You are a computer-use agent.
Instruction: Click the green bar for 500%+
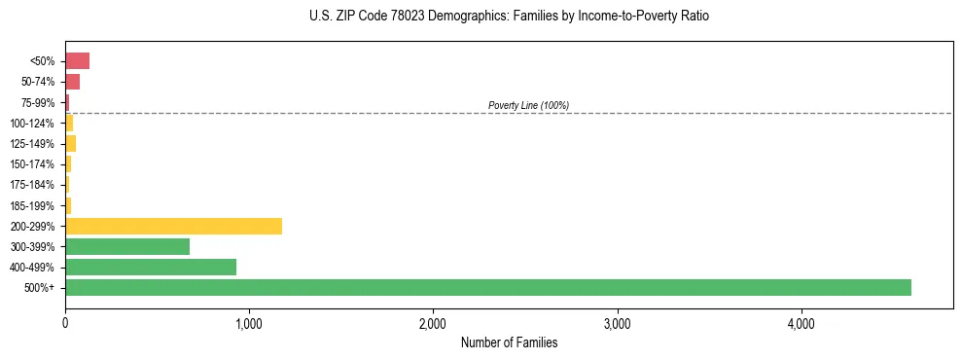pos(487,287)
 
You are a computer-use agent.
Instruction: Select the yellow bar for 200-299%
pos(173,226)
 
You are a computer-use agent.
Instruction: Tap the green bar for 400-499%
pos(151,267)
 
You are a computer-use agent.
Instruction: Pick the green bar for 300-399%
pos(127,246)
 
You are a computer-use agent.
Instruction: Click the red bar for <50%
pos(77,61)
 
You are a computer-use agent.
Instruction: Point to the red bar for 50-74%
pos(72,82)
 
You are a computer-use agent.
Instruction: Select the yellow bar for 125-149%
pos(70,144)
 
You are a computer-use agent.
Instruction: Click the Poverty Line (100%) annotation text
pos(528,105)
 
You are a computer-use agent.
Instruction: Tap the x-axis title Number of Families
pos(509,342)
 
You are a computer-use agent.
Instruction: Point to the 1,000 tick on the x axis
pos(249,323)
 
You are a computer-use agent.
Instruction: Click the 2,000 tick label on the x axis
pos(433,323)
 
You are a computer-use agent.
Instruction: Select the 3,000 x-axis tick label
pos(617,323)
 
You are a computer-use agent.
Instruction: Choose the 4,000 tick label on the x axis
pos(801,323)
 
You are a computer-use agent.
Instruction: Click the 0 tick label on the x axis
pos(65,323)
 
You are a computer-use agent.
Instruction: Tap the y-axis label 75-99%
pos(40,103)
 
